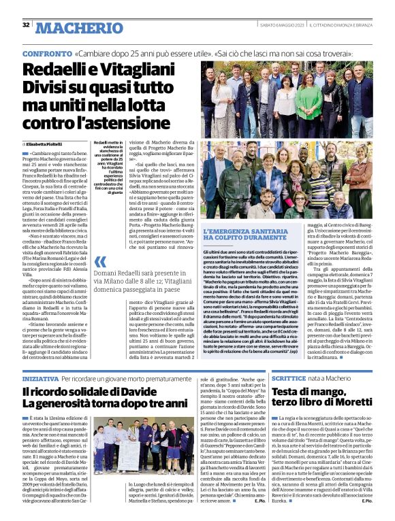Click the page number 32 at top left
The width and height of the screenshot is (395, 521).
[26, 26]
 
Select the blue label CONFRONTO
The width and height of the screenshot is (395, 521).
[46, 53]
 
